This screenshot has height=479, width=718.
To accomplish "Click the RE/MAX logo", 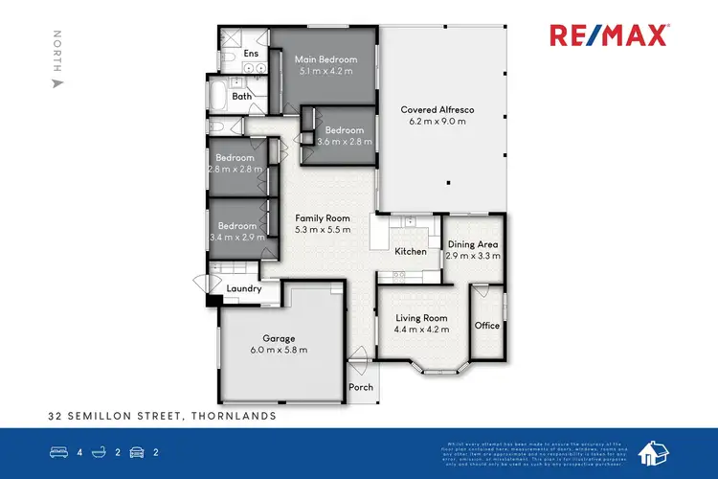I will [x=610, y=35].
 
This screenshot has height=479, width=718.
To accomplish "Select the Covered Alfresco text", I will [x=438, y=110].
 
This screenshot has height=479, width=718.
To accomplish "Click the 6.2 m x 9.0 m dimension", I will [x=438, y=123].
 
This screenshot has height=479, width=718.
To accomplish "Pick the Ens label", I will [x=252, y=54].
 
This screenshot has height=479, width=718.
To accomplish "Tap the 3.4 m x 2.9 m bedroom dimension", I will [x=235, y=238].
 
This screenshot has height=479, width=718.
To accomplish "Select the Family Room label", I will [x=316, y=217].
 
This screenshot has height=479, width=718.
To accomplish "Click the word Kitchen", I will [x=412, y=252].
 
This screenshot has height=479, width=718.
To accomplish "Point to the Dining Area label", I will [x=474, y=245].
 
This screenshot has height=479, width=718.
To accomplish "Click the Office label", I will [x=487, y=326].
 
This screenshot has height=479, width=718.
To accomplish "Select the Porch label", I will [x=362, y=387].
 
